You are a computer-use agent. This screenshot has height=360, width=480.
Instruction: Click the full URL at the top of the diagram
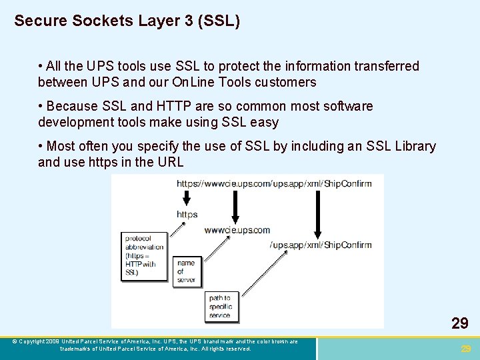274,183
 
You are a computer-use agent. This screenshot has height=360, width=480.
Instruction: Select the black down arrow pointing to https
187,197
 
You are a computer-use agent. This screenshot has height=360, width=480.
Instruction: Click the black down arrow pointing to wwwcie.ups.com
235,206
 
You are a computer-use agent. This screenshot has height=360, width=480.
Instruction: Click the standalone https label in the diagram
187,214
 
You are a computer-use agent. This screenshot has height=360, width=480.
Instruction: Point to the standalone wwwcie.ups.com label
237,230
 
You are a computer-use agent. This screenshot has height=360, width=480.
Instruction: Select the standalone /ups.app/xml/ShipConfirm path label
321,245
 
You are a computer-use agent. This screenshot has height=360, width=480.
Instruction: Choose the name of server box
187,271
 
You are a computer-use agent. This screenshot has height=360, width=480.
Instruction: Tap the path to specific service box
221,306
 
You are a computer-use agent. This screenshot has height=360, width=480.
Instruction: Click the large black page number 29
459,324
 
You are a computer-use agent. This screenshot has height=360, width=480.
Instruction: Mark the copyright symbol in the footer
15,341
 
